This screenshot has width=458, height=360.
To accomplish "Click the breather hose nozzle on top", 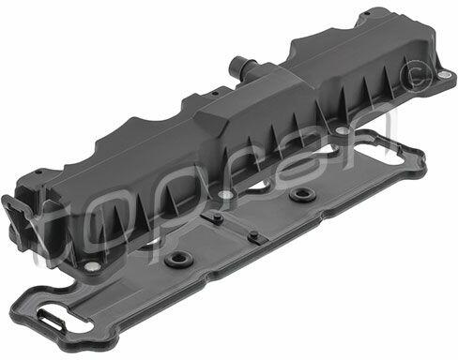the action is click(x=241, y=65).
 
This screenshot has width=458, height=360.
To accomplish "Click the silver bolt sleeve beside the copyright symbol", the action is click(x=443, y=74).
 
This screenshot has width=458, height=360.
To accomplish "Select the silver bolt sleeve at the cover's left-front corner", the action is click(x=92, y=266).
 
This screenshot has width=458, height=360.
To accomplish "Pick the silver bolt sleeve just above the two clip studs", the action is click(x=226, y=196).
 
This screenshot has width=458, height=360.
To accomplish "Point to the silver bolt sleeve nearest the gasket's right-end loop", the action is click(x=342, y=130).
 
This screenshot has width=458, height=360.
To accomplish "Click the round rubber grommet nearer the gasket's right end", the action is click(x=302, y=195).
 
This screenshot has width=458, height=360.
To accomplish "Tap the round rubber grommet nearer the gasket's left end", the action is click(x=177, y=259).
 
